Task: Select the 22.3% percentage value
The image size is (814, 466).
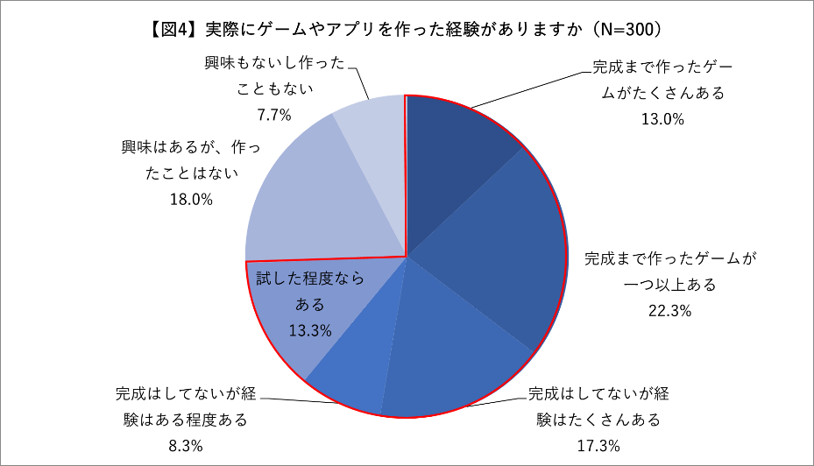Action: (x=670, y=310)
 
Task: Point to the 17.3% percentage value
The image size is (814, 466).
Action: (x=598, y=446)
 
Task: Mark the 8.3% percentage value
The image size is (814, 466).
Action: (x=186, y=446)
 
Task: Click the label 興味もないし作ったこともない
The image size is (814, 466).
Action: (x=273, y=76)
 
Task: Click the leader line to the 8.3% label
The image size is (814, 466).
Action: (x=298, y=400)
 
